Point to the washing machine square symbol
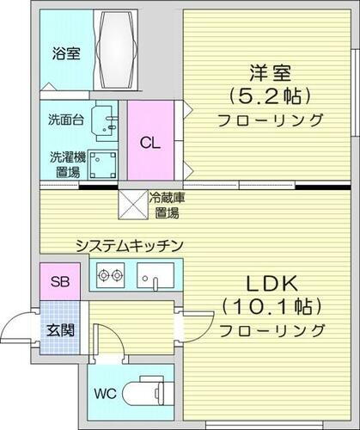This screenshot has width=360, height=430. click(107, 163)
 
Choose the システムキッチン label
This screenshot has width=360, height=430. click(128, 246)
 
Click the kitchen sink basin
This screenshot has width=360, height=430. click(156, 278)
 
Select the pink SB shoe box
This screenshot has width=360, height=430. click(59, 281)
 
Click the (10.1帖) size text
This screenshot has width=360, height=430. click(272, 307)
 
